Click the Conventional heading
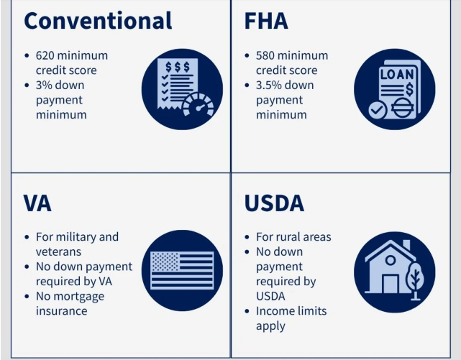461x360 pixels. coord(98,21)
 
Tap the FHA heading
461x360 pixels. coord(266,21)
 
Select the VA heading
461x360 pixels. coord(37,203)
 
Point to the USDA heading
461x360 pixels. coord(274,203)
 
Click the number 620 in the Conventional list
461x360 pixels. coord(46,55)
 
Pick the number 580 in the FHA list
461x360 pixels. coord(266,55)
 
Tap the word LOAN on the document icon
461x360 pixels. coord(397,75)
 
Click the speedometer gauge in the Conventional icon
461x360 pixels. coord(198,105)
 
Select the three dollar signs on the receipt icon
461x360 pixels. coord(178,67)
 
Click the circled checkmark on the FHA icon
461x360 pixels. coord(378,110)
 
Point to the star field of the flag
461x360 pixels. coord(165,262)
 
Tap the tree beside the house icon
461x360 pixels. coord(415,281)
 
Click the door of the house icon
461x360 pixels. coord(391,284)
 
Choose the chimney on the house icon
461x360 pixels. coord(406,245)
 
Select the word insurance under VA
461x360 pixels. coord(61,311)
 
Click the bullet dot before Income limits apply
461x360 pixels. coord(247,311)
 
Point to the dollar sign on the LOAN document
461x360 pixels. coord(409,89)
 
